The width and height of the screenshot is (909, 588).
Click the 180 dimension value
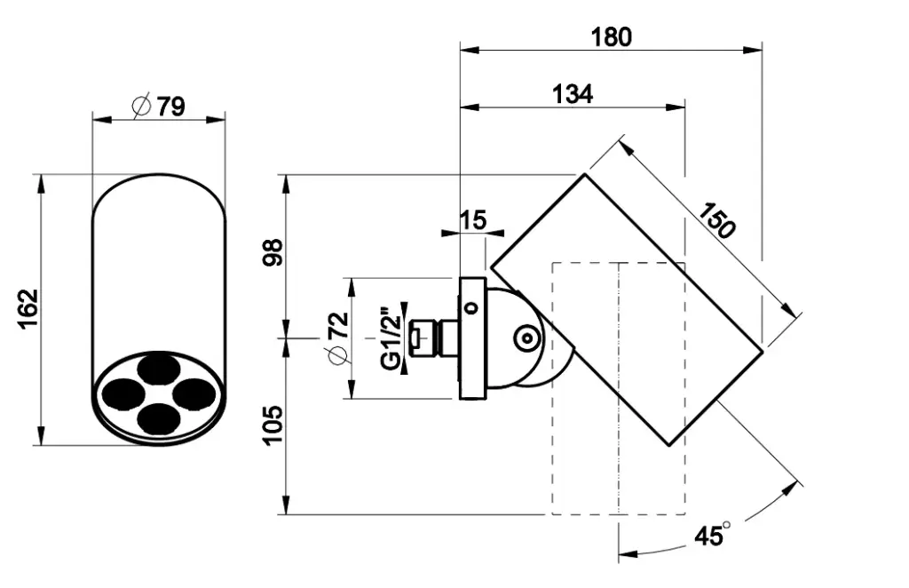pos(611,36)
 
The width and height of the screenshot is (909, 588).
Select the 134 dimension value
pos(573,94)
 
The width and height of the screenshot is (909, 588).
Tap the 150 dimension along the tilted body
pos(716,220)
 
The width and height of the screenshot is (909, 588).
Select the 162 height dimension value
pos(29,308)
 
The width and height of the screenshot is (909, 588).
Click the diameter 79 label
pos(160,107)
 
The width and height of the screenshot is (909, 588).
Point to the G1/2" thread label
pos(390,337)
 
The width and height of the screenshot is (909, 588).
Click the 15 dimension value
pos(474,219)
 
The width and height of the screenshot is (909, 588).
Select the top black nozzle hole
pos(157,366)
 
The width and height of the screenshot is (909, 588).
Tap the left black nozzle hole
pos(121,392)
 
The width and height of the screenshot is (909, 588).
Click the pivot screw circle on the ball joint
pos(526,338)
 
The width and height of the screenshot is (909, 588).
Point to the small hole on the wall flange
pos(471,307)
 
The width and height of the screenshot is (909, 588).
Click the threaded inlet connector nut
pos(425,338)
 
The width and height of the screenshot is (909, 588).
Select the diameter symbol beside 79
pos(140,107)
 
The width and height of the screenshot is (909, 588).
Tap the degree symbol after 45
pos(726,526)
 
